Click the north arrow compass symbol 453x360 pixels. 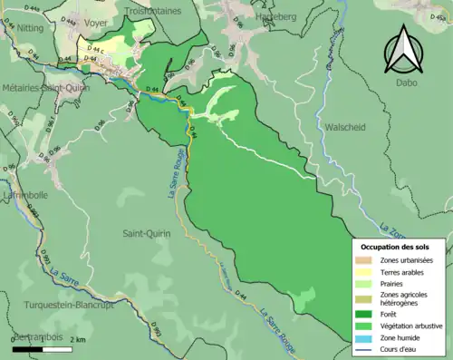(x=402, y=51)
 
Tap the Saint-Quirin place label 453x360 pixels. (x=149, y=233)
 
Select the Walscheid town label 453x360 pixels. (x=344, y=128)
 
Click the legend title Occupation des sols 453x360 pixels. (x=395, y=247)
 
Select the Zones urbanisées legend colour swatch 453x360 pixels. (x=365, y=261)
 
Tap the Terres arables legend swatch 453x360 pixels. (x=365, y=272)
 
